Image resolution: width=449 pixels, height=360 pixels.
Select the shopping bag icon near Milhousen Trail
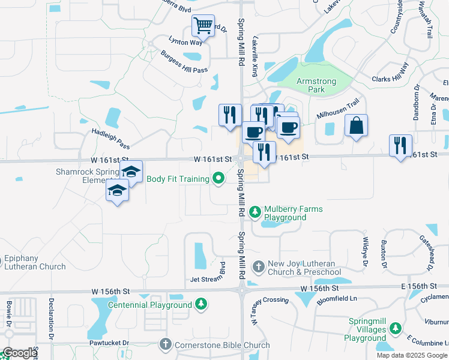(x=356, y=125)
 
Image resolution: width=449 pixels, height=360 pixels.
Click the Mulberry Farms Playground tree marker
(x=255, y=212)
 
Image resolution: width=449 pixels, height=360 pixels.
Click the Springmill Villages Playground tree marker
(x=396, y=329)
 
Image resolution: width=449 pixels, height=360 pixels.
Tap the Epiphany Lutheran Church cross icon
(x=1, y=260)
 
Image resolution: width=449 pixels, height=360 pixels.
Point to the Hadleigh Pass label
(x=110, y=138)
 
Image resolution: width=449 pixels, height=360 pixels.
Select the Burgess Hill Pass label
(x=184, y=62)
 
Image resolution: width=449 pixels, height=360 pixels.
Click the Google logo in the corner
(x=19, y=353)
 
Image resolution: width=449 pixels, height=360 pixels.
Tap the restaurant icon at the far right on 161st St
(x=400, y=145)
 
